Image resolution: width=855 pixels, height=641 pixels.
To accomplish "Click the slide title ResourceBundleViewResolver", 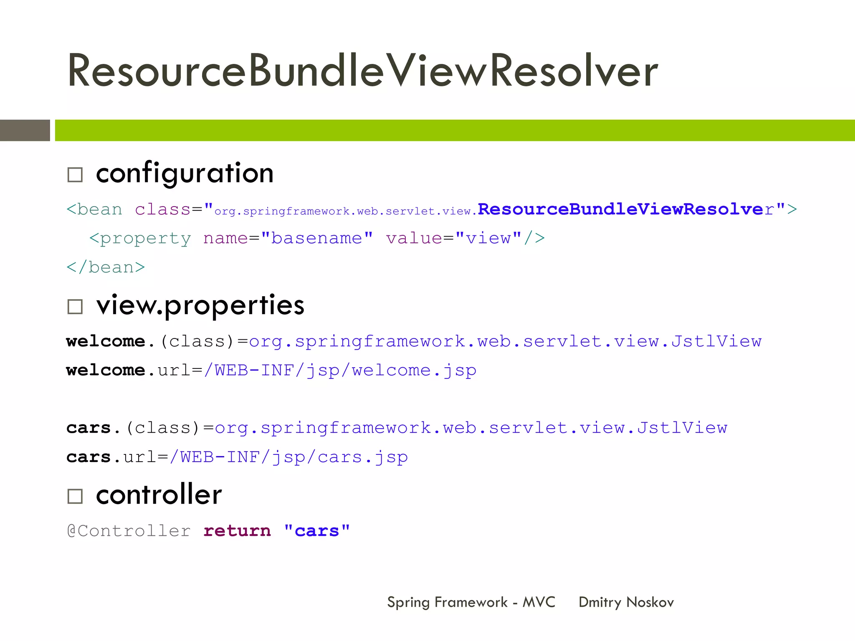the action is [362, 71].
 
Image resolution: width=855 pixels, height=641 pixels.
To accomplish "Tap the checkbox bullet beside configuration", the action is [75, 175].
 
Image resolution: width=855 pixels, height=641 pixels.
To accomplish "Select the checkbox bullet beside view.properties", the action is [75, 307].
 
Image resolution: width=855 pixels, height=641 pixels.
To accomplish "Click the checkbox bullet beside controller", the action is [75, 496].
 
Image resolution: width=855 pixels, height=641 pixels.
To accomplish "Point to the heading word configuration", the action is [185, 173].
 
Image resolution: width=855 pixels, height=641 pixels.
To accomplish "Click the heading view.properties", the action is [200, 305].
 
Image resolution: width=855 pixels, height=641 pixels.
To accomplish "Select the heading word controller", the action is [159, 495].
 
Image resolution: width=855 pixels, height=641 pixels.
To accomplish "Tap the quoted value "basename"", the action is [316, 238].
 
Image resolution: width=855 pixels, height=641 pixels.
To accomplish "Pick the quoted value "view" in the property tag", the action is [488, 238].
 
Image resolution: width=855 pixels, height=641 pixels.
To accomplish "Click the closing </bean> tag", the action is [106, 267].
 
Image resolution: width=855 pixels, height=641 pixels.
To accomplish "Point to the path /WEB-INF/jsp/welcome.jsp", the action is [340, 370].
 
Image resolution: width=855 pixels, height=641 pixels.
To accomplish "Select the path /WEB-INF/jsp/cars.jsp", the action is [288, 457].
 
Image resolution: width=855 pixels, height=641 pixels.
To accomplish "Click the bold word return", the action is [237, 531].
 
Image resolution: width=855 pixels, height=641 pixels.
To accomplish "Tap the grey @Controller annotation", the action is [129, 531].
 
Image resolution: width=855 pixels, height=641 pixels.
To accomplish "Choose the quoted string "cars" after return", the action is [316, 531].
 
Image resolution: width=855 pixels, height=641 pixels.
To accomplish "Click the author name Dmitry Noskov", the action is [626, 602].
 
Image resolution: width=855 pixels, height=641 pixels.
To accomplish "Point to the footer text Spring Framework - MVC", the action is [471, 602].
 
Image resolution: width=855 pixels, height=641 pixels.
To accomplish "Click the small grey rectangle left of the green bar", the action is [25, 130].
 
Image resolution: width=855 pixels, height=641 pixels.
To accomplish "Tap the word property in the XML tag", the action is [145, 239].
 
